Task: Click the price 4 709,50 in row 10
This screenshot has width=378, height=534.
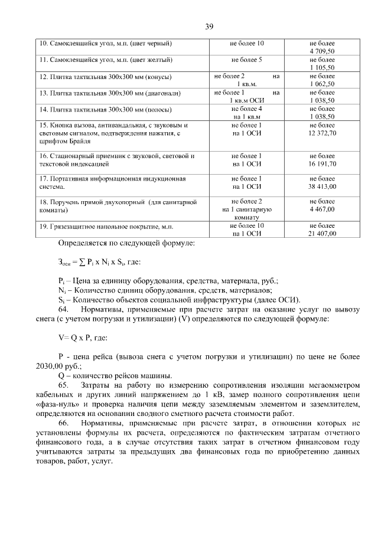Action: pos(322,52)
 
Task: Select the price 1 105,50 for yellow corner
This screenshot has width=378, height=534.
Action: pos(322,68)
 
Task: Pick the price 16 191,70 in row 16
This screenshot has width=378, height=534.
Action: pos(322,164)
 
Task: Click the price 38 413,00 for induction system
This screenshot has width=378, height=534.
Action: pos(322,186)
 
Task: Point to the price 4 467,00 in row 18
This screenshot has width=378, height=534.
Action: pos(322,209)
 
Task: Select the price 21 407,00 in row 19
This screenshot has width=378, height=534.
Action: pos(322,234)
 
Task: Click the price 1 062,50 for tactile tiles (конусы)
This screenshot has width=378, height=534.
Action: pos(322,84)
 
